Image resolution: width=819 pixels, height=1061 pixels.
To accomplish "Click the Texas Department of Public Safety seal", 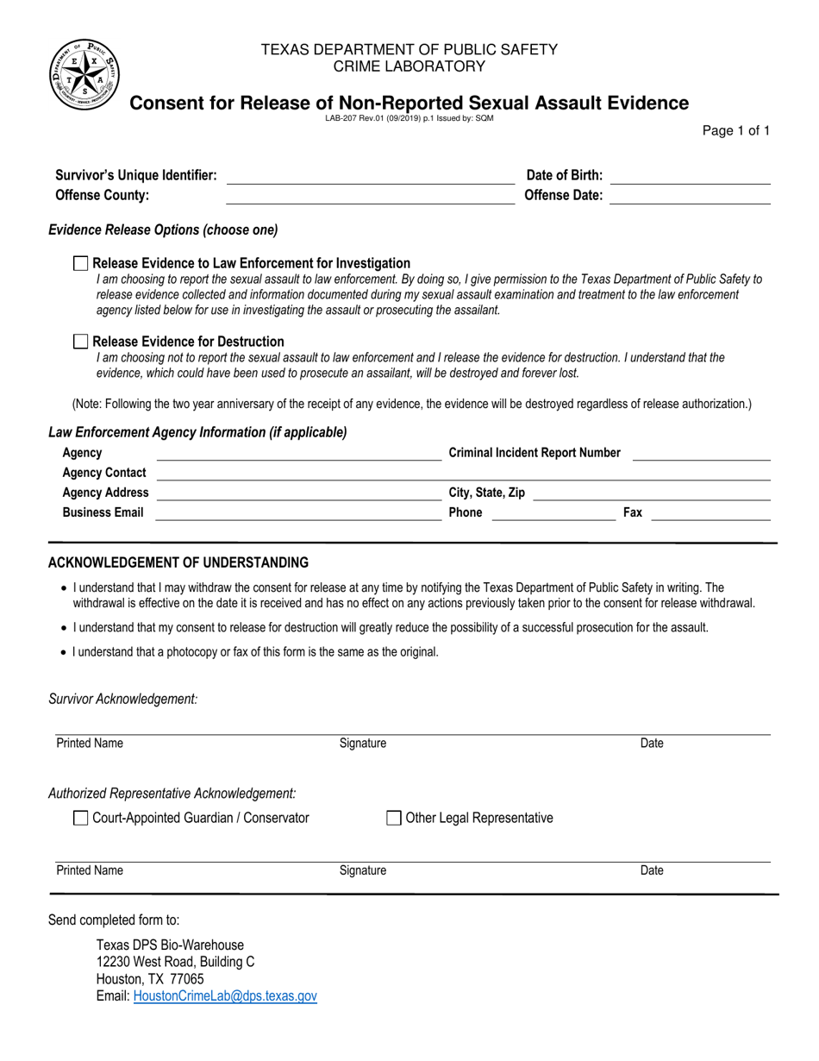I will pyautogui.click(x=84, y=74).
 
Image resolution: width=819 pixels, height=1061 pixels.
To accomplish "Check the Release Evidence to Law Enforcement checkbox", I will pyautogui.click(x=81, y=263).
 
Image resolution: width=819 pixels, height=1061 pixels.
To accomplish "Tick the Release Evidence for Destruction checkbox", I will pyautogui.click(x=81, y=342).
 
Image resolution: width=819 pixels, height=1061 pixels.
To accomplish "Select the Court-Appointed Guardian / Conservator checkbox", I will pyautogui.click(x=81, y=818).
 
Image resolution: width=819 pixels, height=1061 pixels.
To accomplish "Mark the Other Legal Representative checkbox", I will pyautogui.click(x=394, y=818).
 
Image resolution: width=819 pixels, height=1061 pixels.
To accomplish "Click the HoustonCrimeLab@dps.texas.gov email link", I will pyautogui.click(x=225, y=996).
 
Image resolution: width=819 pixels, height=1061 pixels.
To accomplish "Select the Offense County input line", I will pyautogui.click(x=369, y=196).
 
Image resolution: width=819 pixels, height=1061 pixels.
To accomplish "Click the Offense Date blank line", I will pyautogui.click(x=689, y=196).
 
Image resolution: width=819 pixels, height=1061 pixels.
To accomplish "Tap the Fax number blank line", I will pyautogui.click(x=710, y=513).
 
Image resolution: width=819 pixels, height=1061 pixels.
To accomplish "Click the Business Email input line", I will pyautogui.click(x=298, y=513).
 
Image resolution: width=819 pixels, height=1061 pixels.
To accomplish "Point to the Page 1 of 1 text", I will pyautogui.click(x=736, y=131).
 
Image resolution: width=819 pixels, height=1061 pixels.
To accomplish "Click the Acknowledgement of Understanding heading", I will pyautogui.click(x=178, y=563).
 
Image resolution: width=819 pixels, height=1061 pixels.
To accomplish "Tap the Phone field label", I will pyautogui.click(x=466, y=513).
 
